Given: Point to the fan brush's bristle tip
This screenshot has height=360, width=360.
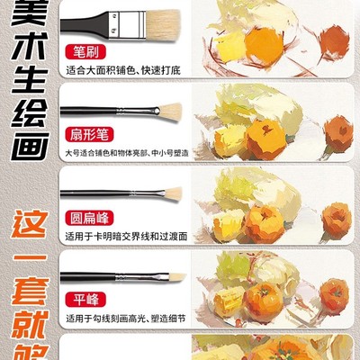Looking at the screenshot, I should [169, 111].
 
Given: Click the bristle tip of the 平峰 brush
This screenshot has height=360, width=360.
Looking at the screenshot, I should [175, 277].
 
